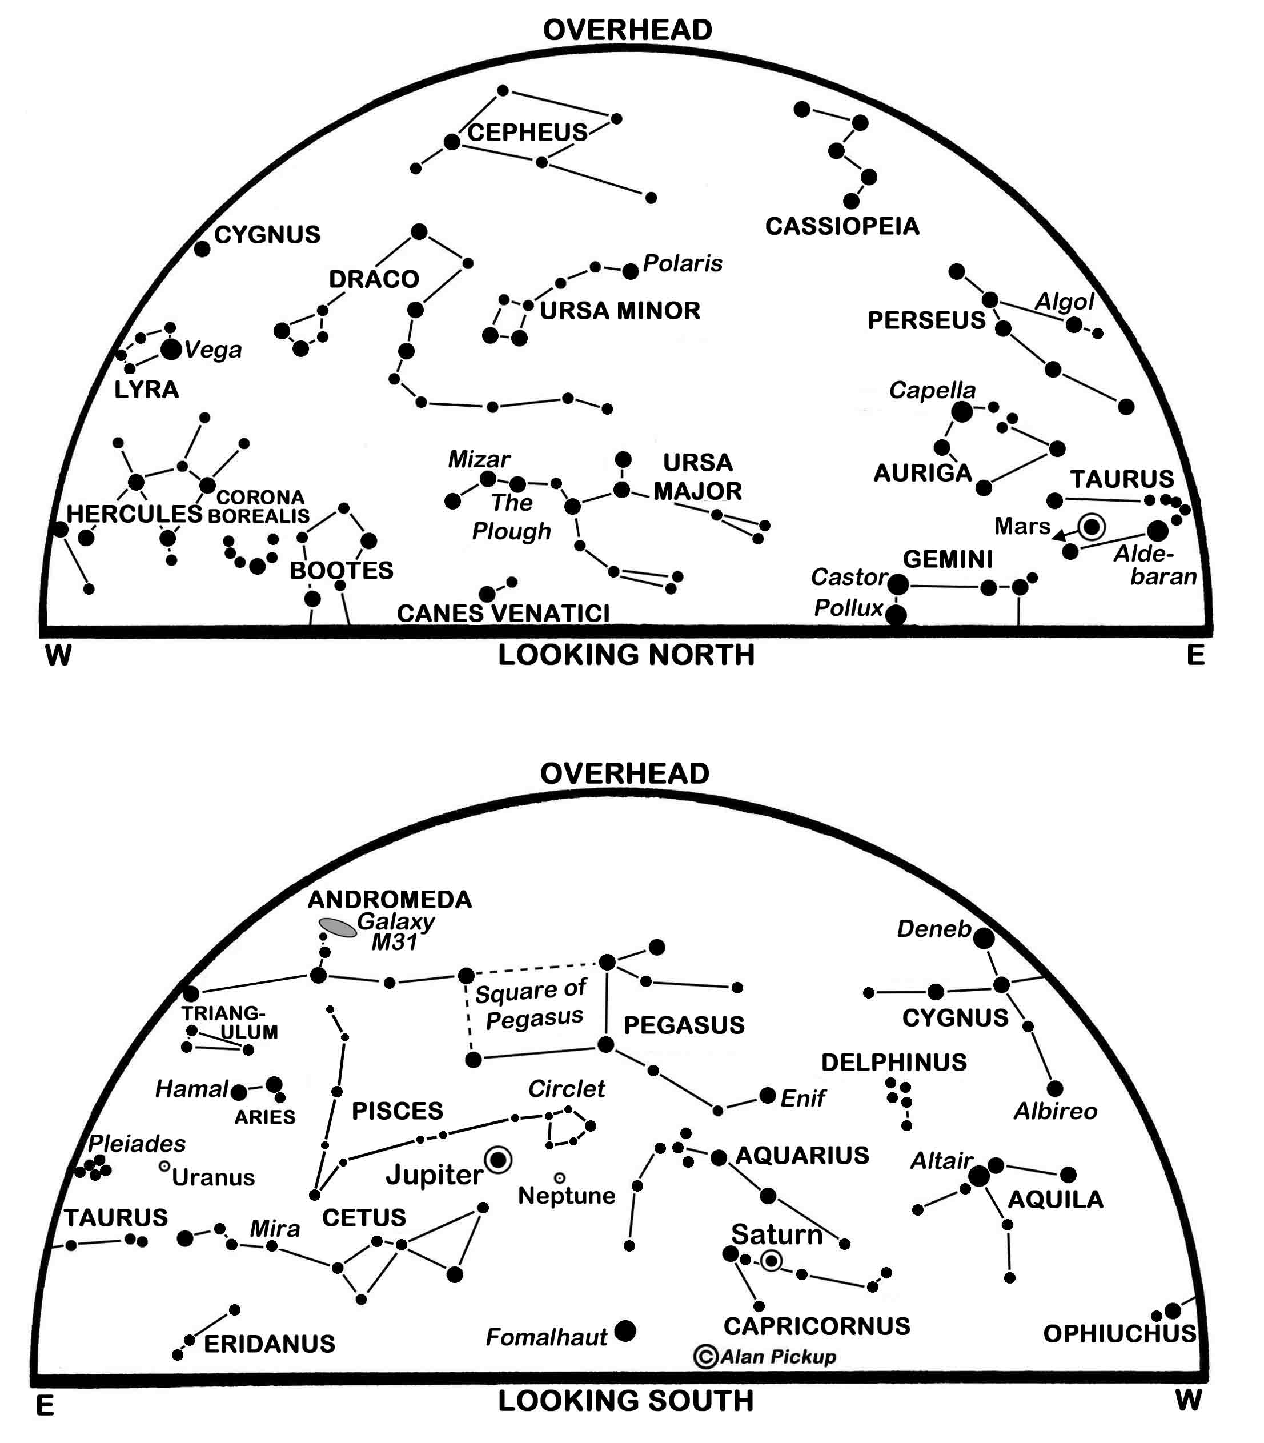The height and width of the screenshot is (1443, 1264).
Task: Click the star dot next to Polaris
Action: tap(631, 270)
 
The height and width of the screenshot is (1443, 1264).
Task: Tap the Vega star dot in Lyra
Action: tap(171, 349)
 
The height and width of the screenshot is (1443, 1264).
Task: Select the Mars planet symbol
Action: tap(1092, 526)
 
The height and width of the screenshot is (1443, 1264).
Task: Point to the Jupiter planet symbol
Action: tap(499, 1160)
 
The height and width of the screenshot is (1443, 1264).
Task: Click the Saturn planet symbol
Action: tap(772, 1260)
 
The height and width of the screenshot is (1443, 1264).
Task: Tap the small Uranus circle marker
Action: tap(164, 1166)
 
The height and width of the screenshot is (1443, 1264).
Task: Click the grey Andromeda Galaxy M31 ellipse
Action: tap(338, 928)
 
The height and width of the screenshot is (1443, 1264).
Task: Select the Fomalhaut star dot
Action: tap(625, 1331)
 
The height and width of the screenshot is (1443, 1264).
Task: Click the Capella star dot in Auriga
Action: tap(962, 412)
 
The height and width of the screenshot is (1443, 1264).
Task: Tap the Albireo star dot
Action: tap(1054, 1088)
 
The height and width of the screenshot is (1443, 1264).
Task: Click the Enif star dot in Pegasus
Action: tap(768, 1095)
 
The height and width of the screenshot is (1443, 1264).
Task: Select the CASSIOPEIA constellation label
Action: tap(842, 226)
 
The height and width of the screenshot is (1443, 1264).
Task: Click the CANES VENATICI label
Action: tap(503, 613)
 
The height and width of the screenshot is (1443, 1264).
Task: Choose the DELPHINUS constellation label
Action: tap(894, 1062)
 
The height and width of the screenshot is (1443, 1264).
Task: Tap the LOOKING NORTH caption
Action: tap(627, 655)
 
